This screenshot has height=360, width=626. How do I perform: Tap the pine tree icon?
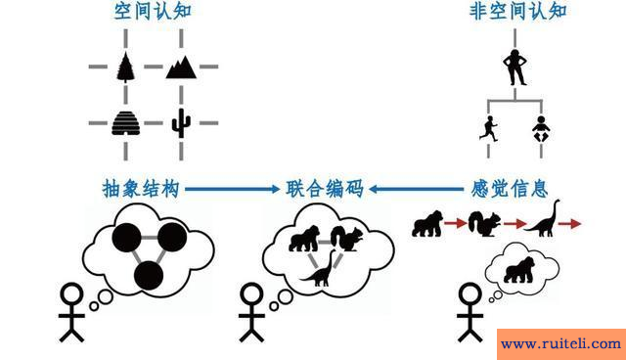tap(125, 67)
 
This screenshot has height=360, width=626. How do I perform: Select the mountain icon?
tap(181, 67)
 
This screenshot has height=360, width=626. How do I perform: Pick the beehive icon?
tap(126, 122)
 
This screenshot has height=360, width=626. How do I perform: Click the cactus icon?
tap(181, 122)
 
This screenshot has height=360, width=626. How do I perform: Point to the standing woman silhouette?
tap(514, 67)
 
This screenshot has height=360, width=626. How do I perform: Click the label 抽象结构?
tap(140, 188)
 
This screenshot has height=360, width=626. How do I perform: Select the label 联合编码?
tap(325, 188)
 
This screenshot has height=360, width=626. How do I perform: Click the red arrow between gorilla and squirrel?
tap(455, 225)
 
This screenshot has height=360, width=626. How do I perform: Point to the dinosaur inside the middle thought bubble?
tap(320, 269)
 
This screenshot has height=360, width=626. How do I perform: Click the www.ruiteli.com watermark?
tap(560, 343)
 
